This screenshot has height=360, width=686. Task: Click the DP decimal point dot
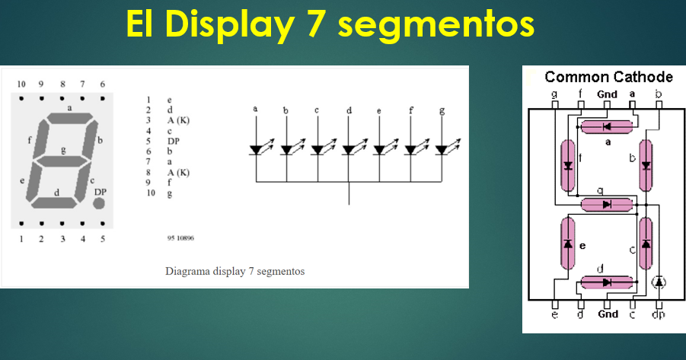(x=99, y=204)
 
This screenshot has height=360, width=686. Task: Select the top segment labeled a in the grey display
(x=69, y=118)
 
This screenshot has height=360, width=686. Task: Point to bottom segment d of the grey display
(x=56, y=202)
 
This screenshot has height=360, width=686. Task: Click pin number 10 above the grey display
(x=21, y=84)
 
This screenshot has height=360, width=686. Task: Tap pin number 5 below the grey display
(x=102, y=239)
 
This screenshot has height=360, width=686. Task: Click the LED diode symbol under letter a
(x=257, y=150)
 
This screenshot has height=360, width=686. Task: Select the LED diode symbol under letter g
(x=442, y=150)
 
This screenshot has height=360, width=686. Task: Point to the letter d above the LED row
(x=349, y=111)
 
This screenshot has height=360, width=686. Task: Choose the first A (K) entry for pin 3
(x=177, y=120)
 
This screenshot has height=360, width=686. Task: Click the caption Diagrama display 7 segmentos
(x=235, y=271)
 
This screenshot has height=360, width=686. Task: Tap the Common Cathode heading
(x=608, y=77)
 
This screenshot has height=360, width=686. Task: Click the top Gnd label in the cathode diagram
(x=607, y=94)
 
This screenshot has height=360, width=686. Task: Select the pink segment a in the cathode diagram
(x=607, y=126)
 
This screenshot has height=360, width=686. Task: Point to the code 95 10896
(x=180, y=238)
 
